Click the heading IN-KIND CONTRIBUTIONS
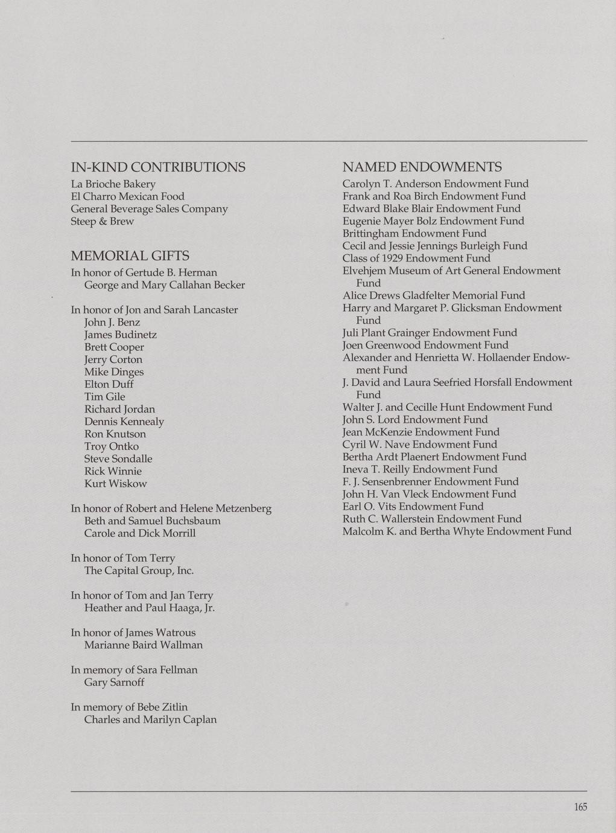pos(158,167)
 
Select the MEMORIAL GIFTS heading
pos(130,256)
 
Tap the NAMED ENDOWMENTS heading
pos(422,167)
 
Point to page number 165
pos(580,807)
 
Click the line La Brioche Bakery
pos(113,184)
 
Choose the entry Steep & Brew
pos(103,221)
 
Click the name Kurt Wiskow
pos(115,484)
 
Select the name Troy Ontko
pos(112,446)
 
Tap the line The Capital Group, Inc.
pos(139,571)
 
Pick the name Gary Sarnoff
pos(114,683)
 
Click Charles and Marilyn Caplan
pos(150,720)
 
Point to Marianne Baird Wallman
pos(144,645)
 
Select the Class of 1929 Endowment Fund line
pos(416,258)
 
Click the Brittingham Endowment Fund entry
pos(414,233)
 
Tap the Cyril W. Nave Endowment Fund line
pos(420,445)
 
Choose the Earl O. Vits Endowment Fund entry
pos(413,506)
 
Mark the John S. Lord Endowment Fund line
pos(415,420)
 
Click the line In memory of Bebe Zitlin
pos(129,707)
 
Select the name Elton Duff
pos(109,384)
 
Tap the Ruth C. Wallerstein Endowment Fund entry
pos(432,519)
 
